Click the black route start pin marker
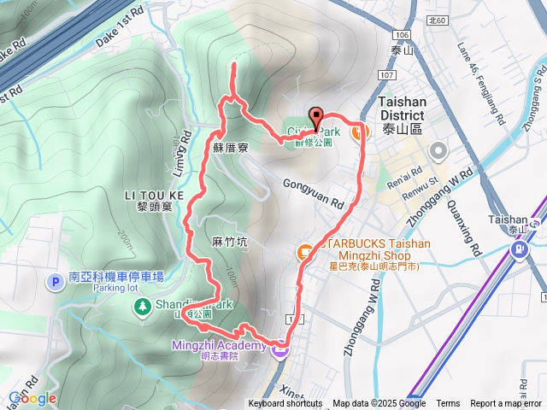pos(315,120)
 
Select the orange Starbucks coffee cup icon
pos(303,252)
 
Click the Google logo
pos(32,399)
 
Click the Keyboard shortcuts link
pos(285,404)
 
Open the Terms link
pos(448,404)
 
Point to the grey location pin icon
pos(439,151)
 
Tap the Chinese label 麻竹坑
pos(229,242)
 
